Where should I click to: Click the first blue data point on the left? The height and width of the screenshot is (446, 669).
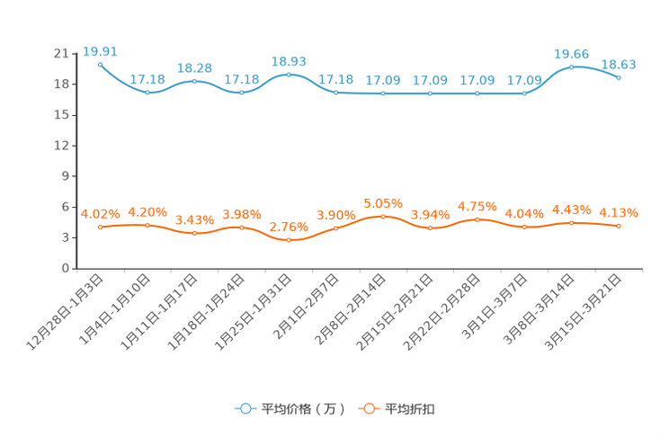click(x=100, y=65)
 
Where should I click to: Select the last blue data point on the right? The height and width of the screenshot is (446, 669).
click(x=619, y=78)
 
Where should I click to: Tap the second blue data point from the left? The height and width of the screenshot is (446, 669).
click(x=147, y=92)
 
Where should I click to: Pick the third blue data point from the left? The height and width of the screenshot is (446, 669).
click(x=194, y=82)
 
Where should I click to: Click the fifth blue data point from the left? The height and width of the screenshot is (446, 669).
click(x=289, y=74)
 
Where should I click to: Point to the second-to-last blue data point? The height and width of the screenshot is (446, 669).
click(x=572, y=67)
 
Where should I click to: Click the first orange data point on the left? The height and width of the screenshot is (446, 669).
click(x=100, y=227)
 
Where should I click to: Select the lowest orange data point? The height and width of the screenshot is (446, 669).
click(x=289, y=241)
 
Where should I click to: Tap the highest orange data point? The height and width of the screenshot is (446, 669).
click(x=383, y=216)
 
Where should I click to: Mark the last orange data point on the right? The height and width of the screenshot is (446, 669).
click(x=619, y=227)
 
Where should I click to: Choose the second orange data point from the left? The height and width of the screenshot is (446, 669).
click(x=147, y=225)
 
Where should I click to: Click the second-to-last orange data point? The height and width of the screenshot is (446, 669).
click(x=572, y=222)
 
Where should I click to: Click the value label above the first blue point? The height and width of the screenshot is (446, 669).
click(x=100, y=50)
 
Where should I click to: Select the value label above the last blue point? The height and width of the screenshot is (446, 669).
click(x=619, y=64)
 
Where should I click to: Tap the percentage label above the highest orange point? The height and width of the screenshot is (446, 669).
click(x=383, y=202)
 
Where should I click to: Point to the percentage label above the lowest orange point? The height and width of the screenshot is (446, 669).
click(x=289, y=227)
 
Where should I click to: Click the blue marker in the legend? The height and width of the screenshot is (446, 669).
click(x=245, y=408)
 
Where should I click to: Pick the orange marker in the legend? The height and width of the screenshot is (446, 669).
click(x=368, y=408)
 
